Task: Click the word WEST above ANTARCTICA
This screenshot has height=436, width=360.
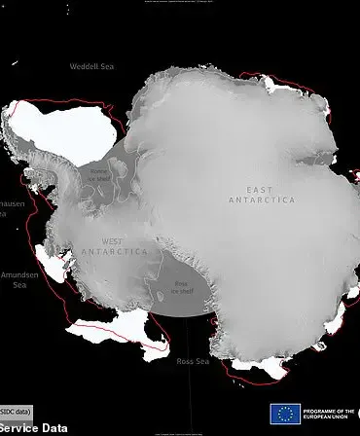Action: coord(113,240)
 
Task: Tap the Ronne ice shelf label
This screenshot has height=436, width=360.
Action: coord(100,176)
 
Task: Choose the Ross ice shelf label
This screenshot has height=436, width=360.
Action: coord(181,286)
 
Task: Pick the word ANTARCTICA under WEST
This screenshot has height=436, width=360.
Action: coord(124,251)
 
